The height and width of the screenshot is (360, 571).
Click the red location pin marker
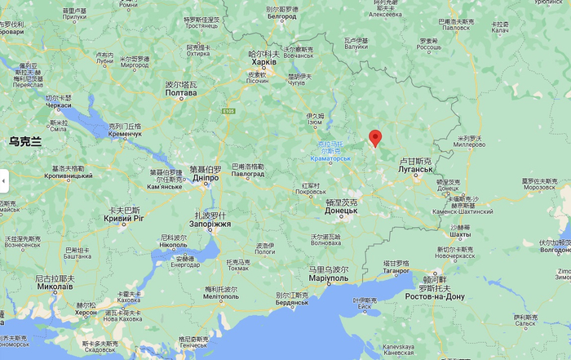tap(374, 137)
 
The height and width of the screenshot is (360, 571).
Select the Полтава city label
tap(181, 93)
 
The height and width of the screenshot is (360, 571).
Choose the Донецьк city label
tap(341, 211)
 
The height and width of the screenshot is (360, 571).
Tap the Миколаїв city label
tap(55, 287)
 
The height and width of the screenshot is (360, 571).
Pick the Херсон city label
tap(86, 313)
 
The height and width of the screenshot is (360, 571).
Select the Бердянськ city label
tap(292, 303)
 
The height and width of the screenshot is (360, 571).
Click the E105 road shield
tap(230, 111)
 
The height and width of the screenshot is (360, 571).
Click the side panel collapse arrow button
tap(4, 180)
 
